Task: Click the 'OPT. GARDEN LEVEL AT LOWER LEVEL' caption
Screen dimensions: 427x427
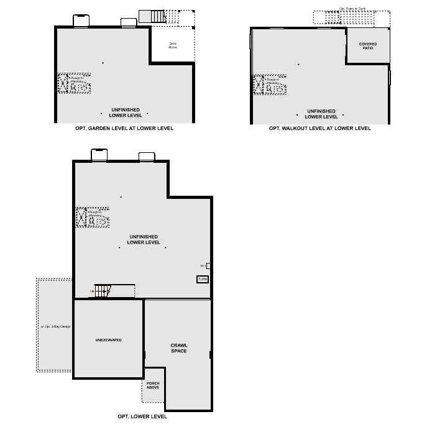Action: coord(124,129)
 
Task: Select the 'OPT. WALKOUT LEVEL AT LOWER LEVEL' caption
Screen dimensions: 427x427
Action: coord(320,129)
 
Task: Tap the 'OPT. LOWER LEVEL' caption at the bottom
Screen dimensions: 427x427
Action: coord(142,416)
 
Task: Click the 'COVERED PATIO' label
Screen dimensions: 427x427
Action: coord(368,46)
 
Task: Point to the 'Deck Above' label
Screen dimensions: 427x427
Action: coord(173,45)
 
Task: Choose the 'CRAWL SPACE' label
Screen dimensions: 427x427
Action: coord(179,348)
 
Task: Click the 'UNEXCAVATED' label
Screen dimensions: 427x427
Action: coord(108,340)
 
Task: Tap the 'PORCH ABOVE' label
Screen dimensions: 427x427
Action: coord(153,385)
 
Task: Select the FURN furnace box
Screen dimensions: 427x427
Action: coord(203,280)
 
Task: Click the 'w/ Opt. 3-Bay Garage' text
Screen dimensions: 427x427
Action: coord(56,327)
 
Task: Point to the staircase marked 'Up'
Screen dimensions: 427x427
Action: coord(103,290)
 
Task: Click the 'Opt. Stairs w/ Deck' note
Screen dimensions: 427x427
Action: coord(351,9)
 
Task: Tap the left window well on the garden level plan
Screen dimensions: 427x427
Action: coord(81,21)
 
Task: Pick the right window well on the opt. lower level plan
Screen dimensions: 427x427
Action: coord(147,156)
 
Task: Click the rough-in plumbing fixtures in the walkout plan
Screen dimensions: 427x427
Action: coord(269,85)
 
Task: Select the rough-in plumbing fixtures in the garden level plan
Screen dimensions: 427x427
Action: coord(74,83)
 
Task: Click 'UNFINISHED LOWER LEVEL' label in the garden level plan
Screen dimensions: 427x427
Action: coord(126,112)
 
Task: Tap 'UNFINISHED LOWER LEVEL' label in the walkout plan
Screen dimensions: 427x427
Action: coord(321,114)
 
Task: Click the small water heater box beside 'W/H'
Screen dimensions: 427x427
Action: coord(208,266)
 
